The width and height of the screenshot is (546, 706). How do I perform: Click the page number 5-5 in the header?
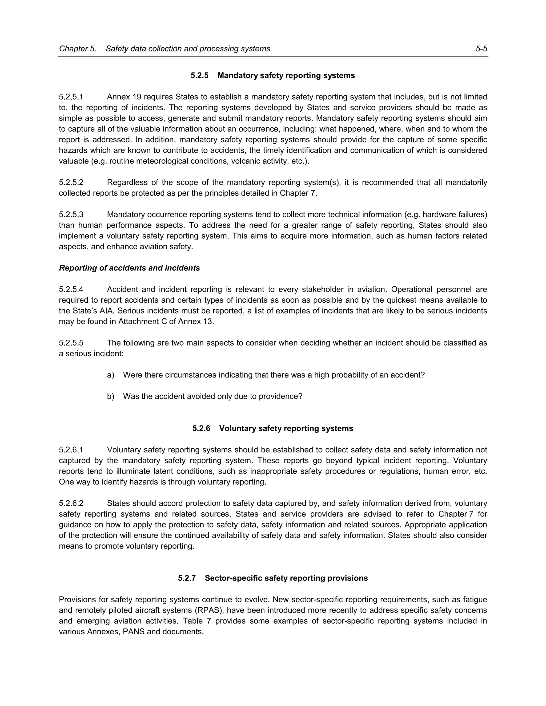point(481,49)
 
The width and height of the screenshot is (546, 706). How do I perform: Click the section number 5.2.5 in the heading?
point(200,76)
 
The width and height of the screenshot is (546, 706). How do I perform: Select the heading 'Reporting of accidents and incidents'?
point(129,268)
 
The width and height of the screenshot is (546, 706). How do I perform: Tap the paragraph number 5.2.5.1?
point(71,97)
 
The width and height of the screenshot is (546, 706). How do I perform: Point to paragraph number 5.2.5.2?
point(71,183)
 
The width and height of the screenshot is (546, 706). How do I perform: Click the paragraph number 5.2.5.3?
point(71,215)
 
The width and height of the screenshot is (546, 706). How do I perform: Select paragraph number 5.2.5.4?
point(71,289)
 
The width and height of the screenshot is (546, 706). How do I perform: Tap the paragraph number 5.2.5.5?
point(71,343)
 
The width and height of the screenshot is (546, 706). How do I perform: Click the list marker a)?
point(111,375)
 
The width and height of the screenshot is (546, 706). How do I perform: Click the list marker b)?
point(111,396)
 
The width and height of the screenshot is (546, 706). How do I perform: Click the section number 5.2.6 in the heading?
point(201,429)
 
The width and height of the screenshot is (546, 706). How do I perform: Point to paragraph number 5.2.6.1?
point(71,450)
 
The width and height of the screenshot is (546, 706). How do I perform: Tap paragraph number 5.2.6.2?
point(71,503)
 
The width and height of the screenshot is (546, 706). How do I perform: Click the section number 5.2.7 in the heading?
point(187,578)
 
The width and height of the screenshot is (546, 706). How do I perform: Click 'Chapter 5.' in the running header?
point(78,49)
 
